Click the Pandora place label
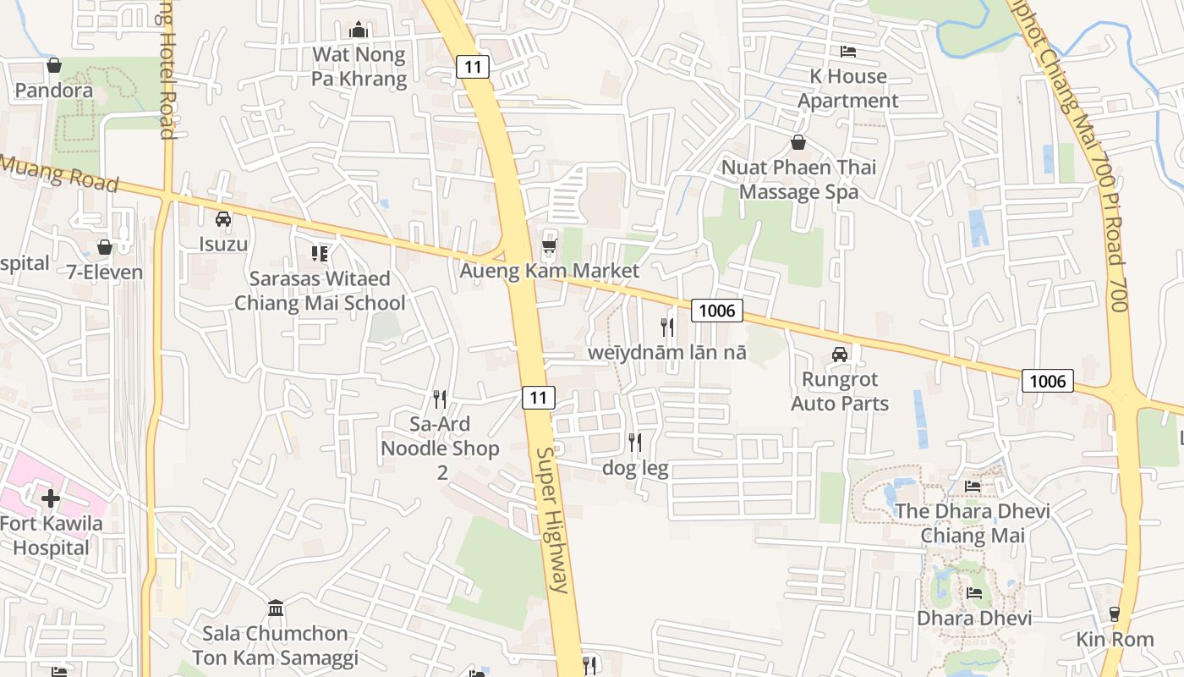[x=54, y=90]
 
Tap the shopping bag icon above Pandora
[x=54, y=65]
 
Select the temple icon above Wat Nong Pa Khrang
[x=359, y=30]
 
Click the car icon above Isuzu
[x=223, y=219]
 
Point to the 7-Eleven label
[x=105, y=272]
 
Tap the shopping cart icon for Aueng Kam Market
[x=550, y=247]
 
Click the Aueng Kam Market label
[x=550, y=272]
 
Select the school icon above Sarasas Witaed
[x=320, y=253]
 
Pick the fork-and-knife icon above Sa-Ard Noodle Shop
[x=440, y=399]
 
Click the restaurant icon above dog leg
[x=635, y=442]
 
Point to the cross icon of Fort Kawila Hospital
[x=51, y=498]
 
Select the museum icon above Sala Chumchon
[x=275, y=608]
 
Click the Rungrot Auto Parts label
[x=840, y=391]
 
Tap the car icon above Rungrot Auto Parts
[x=840, y=355]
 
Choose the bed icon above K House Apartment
[x=848, y=52]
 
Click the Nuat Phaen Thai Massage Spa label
[x=798, y=179]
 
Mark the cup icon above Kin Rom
[x=1115, y=614]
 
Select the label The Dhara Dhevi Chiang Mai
[x=973, y=523]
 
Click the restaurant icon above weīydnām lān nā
[x=668, y=327]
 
